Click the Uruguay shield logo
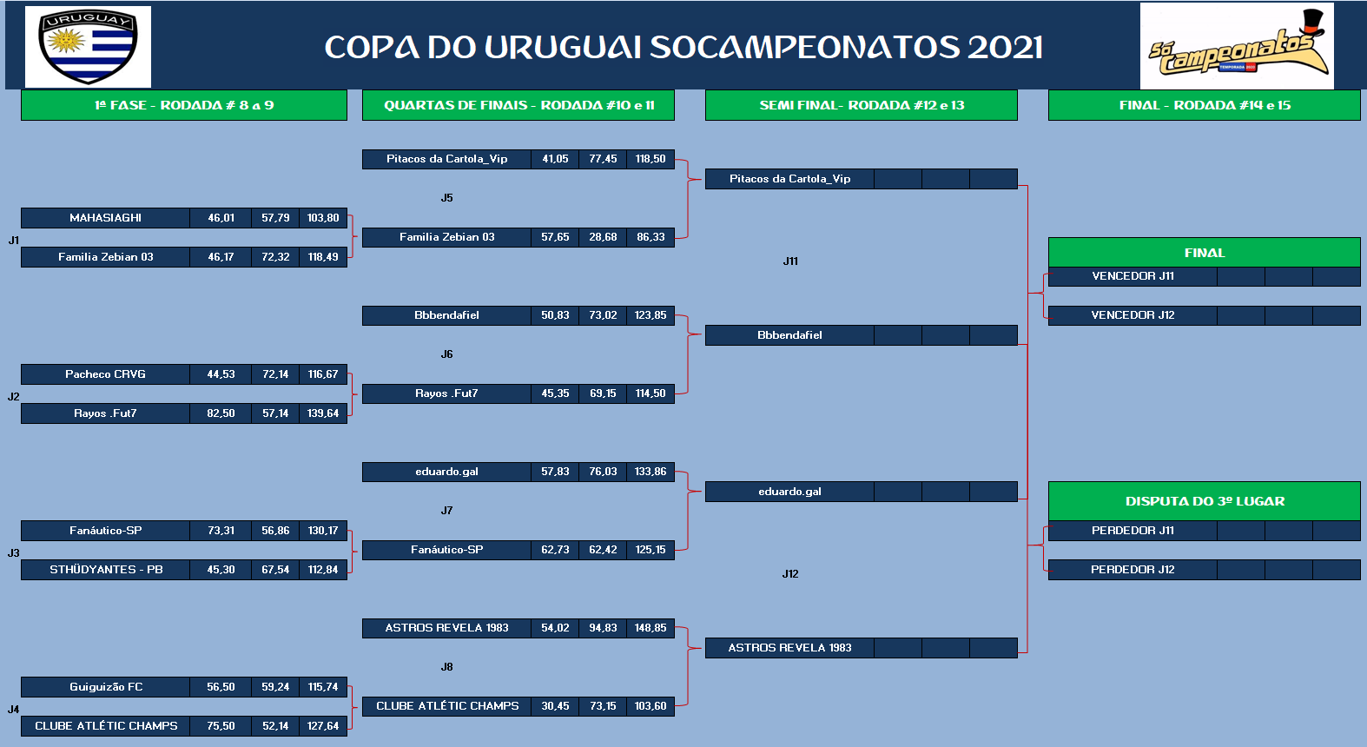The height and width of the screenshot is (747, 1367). coord(88,47)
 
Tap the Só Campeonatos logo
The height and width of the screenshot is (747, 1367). coord(1237,46)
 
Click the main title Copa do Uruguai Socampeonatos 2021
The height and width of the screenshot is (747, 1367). coord(683,48)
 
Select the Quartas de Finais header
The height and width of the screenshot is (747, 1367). coord(518,105)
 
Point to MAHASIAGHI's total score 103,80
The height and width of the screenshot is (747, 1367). coord(323,218)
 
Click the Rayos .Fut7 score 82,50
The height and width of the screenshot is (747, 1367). coord(221,413)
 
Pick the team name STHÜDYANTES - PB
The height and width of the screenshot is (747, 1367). coord(106,570)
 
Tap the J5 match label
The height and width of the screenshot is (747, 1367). coord(446,198)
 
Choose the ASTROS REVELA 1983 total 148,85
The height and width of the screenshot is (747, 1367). coord(650,628)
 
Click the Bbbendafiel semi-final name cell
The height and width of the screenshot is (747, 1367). coord(789,335)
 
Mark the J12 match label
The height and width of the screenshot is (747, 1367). coord(790,573)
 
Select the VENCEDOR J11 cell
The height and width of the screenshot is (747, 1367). coord(1133,276)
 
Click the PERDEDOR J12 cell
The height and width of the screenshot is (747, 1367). coord(1133,570)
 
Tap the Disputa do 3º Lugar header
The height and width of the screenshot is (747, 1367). coord(1205,501)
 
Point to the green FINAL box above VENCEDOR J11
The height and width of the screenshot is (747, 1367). coord(1205,253)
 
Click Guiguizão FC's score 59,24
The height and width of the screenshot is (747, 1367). coord(275,686)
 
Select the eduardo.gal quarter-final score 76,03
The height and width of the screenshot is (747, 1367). coord(603,472)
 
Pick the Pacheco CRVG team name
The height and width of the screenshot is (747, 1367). coord(106,374)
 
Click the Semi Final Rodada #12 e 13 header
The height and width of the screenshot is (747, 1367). coord(862,105)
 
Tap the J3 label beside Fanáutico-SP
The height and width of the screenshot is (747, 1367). coord(13,553)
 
